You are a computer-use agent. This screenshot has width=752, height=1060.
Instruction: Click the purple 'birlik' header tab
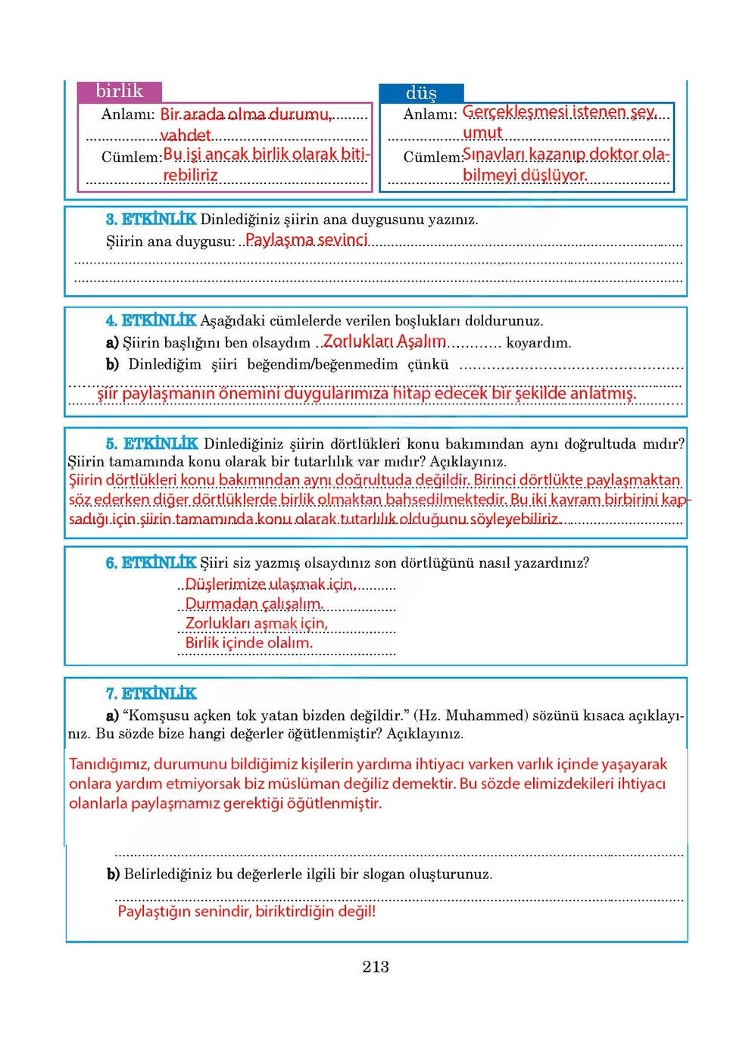pos(119,92)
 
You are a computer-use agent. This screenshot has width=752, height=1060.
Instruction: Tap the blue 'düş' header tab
pos(421,93)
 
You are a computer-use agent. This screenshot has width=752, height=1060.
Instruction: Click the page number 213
pos(376,966)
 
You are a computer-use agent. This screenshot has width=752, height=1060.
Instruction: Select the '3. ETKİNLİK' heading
pos(151,220)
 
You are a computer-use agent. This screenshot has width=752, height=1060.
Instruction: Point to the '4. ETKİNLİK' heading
pos(151,320)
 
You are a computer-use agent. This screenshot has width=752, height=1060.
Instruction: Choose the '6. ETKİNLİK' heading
pos(151,563)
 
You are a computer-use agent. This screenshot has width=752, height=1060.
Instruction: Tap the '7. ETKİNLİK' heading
pos(151,694)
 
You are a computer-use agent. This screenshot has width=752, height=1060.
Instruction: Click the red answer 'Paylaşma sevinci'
pos(306,240)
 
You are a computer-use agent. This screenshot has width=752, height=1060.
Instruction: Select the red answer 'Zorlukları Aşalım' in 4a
pos(384,341)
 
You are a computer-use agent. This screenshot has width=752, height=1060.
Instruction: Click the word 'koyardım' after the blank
pos(538,343)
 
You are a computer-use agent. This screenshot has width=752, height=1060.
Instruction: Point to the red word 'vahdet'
pos(186,135)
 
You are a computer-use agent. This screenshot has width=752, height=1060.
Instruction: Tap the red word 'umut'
pos(482,132)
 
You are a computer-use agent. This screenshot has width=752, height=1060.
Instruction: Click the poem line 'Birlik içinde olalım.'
pos(248,643)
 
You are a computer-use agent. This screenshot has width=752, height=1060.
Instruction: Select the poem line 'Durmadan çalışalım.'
pos(254,603)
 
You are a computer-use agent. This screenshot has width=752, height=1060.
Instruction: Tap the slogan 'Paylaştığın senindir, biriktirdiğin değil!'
pos(246,911)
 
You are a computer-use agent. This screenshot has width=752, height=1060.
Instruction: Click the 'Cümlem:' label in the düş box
pos(432,157)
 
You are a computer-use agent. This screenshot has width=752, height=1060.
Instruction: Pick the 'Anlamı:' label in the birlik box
pos(128,114)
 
